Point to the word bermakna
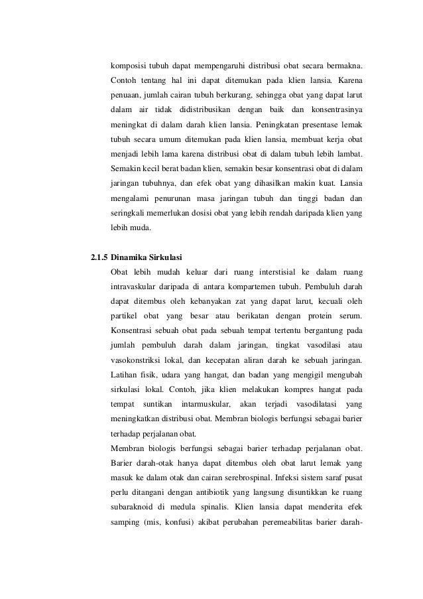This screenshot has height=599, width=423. click(344, 66)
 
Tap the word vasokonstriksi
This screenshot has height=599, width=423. click(138, 360)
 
